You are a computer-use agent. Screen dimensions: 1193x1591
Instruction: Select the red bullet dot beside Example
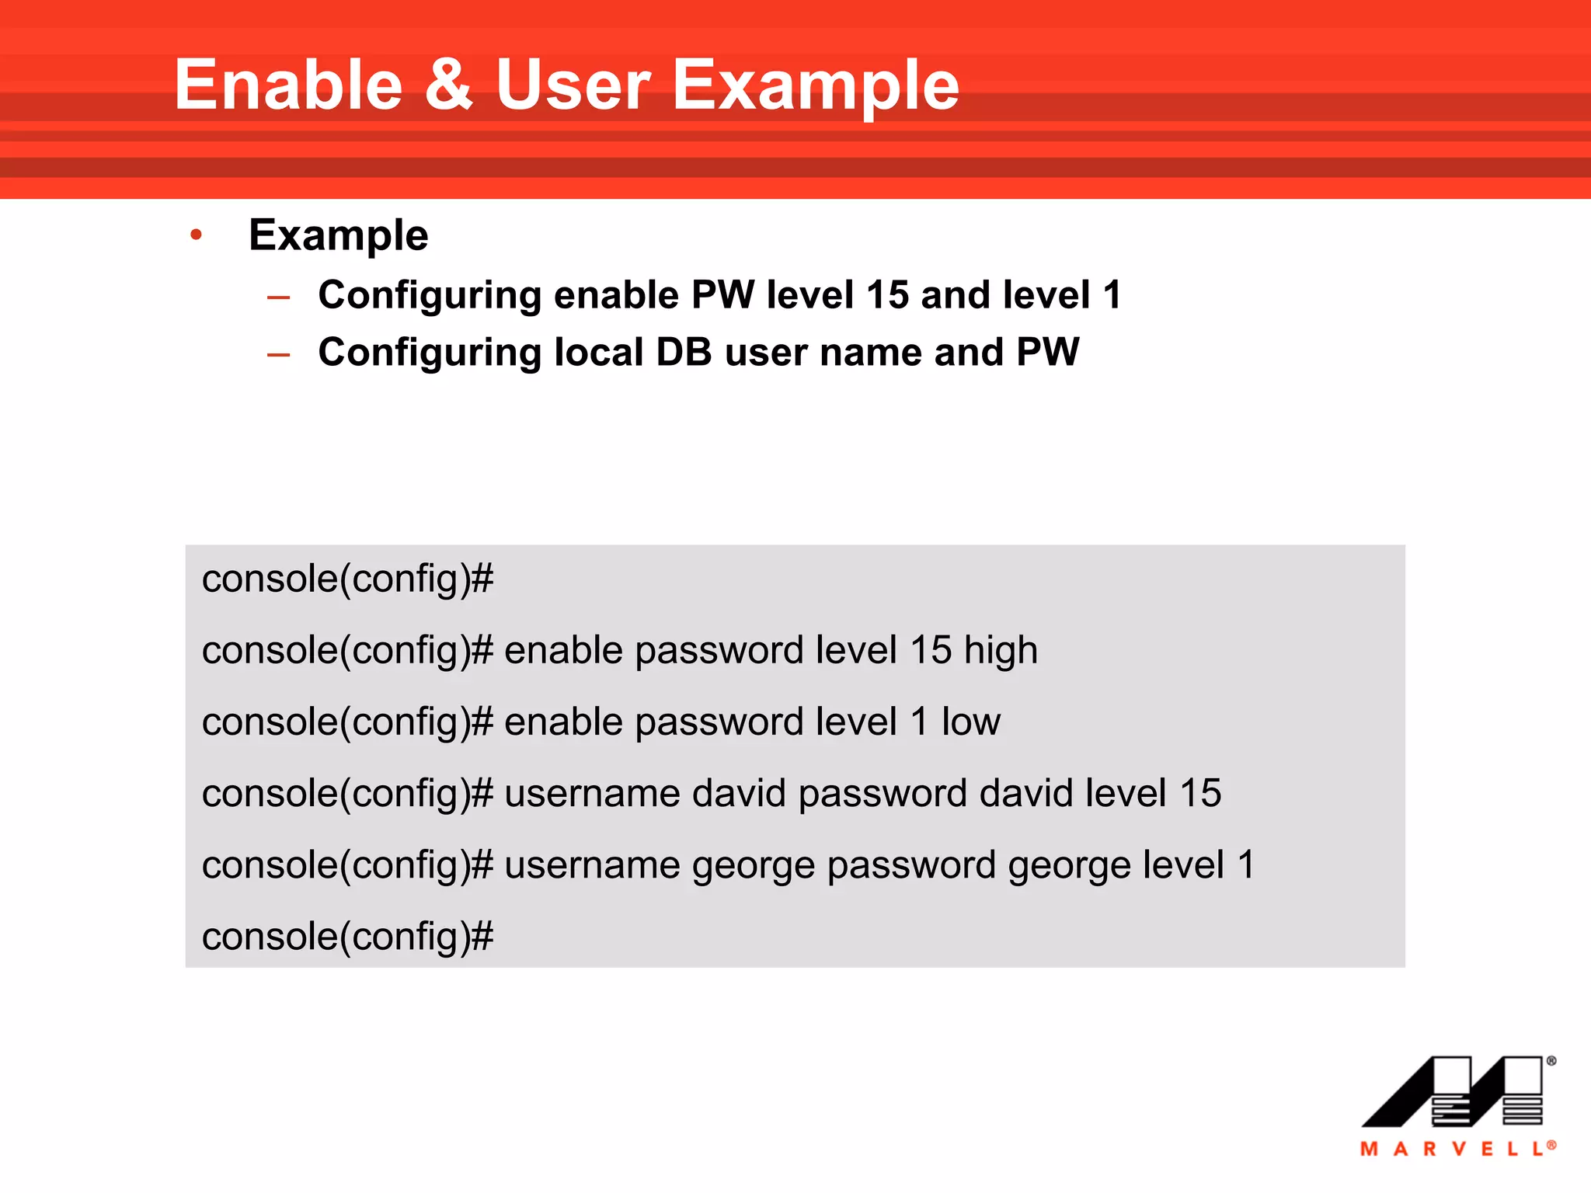point(196,234)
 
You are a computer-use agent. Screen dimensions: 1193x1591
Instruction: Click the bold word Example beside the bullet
point(338,235)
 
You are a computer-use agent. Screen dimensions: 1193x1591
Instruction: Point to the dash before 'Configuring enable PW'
point(278,297)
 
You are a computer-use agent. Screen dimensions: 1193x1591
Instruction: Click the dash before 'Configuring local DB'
point(278,355)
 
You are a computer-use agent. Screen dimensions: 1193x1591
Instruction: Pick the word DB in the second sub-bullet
point(684,352)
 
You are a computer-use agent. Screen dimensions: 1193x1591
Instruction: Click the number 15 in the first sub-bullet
point(887,295)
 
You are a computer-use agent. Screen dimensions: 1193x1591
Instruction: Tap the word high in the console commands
point(1001,651)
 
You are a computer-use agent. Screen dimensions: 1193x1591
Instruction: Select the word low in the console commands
point(970,722)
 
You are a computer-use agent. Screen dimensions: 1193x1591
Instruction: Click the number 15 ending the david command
point(1200,794)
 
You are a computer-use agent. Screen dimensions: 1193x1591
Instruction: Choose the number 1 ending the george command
point(1246,865)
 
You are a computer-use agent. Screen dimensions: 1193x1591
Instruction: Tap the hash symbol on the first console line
point(482,579)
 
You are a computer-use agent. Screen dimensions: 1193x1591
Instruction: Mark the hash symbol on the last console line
point(482,937)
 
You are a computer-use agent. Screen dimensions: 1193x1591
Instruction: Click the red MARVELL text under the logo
point(1456,1149)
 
